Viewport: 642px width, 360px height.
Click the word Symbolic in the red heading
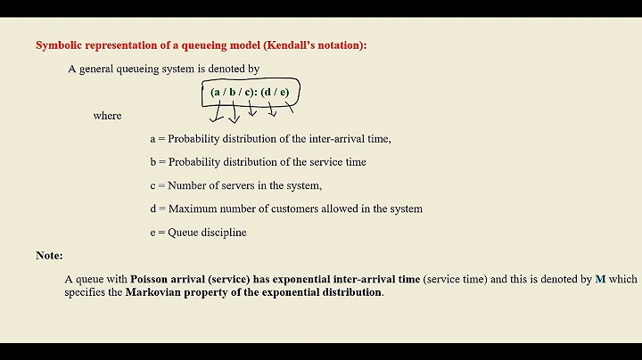point(55,45)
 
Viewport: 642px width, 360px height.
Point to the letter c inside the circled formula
point(247,92)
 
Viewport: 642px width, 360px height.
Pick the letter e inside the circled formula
point(283,92)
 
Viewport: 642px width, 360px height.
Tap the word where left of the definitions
point(107,116)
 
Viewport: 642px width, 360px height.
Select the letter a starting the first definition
point(152,139)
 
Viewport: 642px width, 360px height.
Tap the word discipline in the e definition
point(223,233)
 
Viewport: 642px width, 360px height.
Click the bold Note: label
point(49,256)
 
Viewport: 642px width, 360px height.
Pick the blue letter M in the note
point(600,279)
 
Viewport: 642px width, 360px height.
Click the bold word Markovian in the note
point(155,292)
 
